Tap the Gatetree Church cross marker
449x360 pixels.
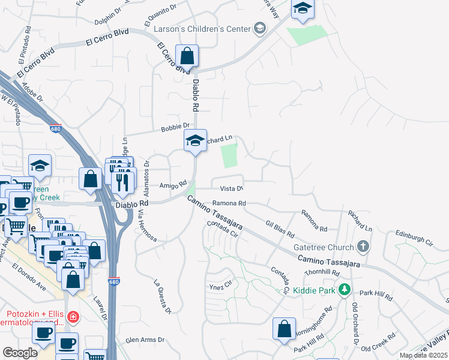(x=363, y=247)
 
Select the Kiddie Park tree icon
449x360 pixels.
(x=344, y=290)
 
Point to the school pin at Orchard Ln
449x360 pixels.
(x=195, y=141)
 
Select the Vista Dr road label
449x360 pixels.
(x=231, y=188)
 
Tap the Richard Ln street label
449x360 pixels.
(x=360, y=221)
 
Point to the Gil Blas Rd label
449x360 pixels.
(x=280, y=227)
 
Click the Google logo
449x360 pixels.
(x=20, y=352)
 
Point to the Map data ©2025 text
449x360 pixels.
(x=423, y=355)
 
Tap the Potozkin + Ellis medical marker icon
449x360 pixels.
(x=73, y=316)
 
